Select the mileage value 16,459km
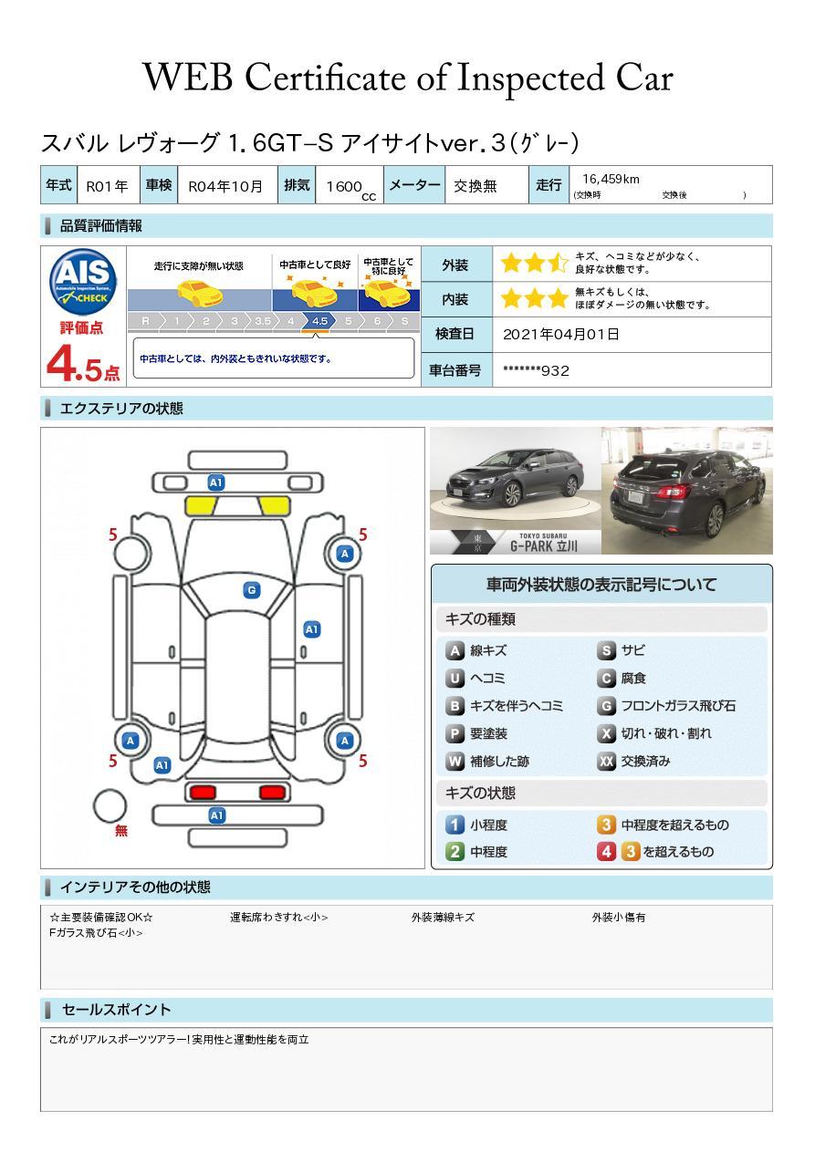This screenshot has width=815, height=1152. point(610,179)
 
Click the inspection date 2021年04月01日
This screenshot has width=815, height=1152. point(560,335)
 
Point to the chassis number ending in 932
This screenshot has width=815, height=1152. point(536,370)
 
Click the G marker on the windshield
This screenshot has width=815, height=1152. point(251,590)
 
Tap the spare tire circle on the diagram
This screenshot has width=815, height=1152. point(110,805)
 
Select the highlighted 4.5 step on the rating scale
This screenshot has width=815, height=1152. point(319,321)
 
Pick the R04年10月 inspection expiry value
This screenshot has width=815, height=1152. point(225,186)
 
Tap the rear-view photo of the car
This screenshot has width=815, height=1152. point(686,490)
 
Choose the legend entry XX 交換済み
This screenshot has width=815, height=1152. point(634,761)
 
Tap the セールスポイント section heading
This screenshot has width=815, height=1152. point(116,1010)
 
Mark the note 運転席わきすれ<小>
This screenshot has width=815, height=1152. point(278,918)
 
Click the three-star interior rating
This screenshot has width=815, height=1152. point(534,299)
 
